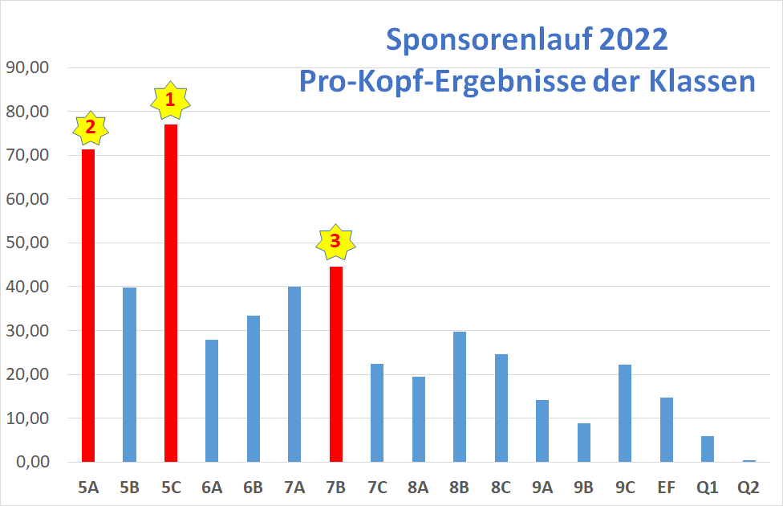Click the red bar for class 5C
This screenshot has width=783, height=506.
(171, 293)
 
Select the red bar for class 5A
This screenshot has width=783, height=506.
(88, 305)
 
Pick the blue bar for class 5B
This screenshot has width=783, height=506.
(129, 374)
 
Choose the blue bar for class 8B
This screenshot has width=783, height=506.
(460, 397)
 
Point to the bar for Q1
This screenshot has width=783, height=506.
(707, 449)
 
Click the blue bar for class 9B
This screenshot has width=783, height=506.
(584, 443)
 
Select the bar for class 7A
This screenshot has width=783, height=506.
(294, 374)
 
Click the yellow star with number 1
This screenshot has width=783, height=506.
(169, 100)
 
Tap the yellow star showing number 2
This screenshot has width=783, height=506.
(90, 127)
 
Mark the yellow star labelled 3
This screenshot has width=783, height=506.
(335, 240)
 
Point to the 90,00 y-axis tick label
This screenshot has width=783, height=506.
(27, 67)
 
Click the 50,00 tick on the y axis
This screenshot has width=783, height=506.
(27, 243)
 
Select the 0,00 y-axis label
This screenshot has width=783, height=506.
(30, 462)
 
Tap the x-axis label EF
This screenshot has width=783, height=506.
(666, 487)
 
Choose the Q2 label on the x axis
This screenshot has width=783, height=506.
(749, 487)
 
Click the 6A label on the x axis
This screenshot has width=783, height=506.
(212, 487)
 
